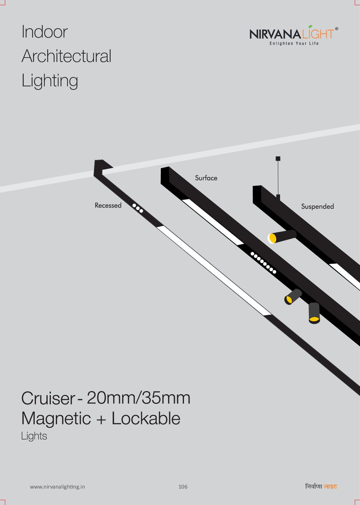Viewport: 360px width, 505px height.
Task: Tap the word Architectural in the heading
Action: click(66, 56)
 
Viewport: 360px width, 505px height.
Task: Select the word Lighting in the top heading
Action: click(50, 81)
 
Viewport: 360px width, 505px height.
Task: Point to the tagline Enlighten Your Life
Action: click(294, 44)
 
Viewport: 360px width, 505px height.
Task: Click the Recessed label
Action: click(108, 205)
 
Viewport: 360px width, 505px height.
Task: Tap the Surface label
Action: click(206, 178)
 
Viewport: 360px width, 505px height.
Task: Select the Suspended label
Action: click(317, 206)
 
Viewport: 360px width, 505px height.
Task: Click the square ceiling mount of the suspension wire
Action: click(278, 159)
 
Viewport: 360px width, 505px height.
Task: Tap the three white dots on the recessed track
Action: click(138, 208)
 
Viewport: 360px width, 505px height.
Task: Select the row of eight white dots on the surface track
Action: click(263, 262)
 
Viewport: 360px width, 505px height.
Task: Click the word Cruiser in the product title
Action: click(48, 398)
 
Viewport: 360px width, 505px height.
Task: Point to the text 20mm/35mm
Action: click(138, 398)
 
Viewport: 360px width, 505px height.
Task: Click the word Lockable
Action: click(146, 418)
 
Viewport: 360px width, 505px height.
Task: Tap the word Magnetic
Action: click(56, 418)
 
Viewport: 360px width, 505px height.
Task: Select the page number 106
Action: click(183, 487)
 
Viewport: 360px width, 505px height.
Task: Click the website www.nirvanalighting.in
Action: click(57, 487)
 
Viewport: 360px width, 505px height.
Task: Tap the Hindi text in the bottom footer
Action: click(321, 486)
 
